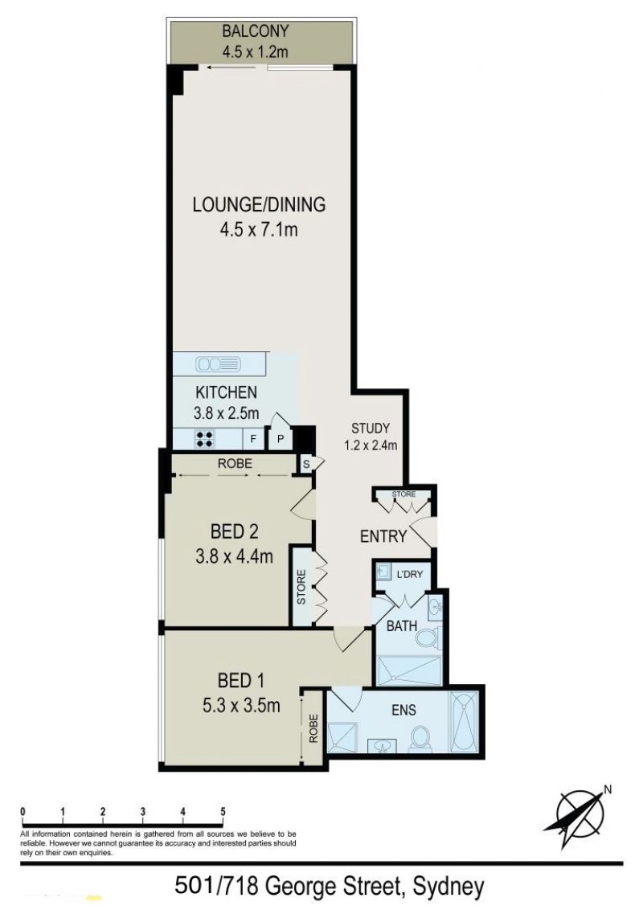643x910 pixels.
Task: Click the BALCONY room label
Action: (256, 31)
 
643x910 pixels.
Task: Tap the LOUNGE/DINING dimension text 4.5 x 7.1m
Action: (259, 230)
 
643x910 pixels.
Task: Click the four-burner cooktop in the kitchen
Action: (204, 439)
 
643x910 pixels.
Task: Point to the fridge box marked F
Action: (253, 439)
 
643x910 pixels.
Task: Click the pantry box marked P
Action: (281, 439)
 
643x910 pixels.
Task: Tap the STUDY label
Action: (371, 428)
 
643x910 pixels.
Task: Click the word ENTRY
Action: (383, 536)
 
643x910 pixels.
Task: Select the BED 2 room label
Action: (235, 531)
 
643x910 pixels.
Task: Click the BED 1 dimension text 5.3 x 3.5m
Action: (241, 705)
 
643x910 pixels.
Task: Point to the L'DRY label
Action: (410, 574)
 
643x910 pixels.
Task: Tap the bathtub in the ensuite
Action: (465, 722)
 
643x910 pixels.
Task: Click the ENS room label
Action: (404, 710)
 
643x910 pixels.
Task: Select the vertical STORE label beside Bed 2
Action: (301, 587)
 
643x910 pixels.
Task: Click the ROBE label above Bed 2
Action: (235, 464)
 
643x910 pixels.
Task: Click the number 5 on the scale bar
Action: (223, 812)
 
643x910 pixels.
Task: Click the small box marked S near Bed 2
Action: (306, 464)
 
